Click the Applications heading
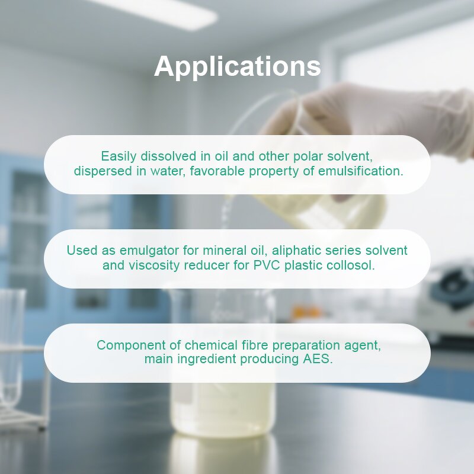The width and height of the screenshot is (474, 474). [237, 66]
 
